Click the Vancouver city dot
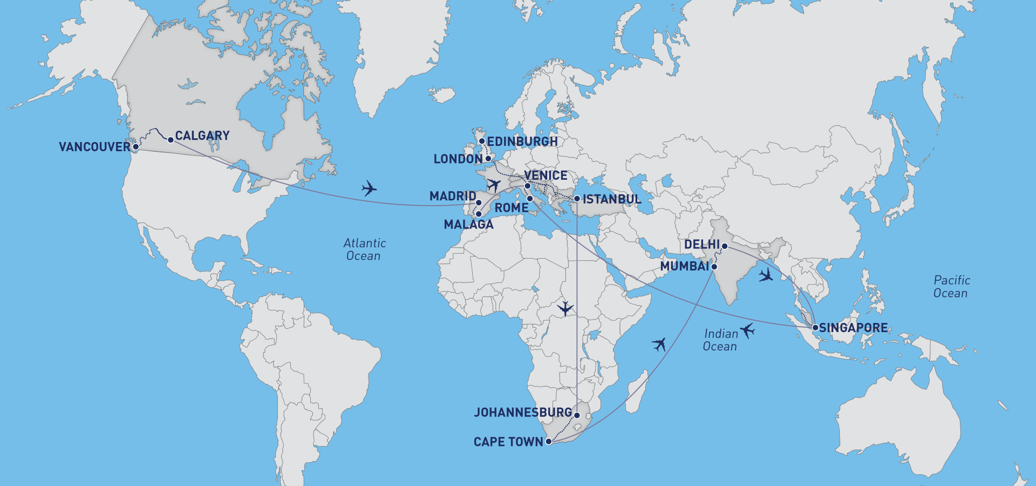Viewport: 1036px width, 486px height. tap(136, 147)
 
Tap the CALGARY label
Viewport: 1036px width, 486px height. tap(202, 136)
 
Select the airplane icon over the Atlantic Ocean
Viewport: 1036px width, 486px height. tap(369, 188)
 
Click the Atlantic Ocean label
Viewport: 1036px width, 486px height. tap(364, 249)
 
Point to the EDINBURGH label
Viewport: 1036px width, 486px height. tap(522, 141)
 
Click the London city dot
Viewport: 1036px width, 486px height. tap(488, 159)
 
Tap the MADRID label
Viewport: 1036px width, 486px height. tap(453, 196)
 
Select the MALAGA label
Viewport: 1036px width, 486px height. tap(468, 225)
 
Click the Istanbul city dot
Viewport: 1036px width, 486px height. tap(577, 199)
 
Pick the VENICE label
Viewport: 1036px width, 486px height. tap(546, 175)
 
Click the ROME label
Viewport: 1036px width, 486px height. tap(512, 208)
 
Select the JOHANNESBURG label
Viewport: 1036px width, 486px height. tap(523, 413)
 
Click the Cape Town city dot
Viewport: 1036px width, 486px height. tap(549, 442)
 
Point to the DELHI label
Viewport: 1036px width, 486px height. tap(702, 245)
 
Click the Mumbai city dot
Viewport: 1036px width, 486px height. tap(714, 267)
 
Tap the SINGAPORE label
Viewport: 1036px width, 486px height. tap(853, 328)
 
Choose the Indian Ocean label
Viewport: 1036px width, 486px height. tap(720, 340)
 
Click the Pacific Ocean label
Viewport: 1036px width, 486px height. tap(951, 287)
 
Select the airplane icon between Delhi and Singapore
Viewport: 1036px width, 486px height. tap(765, 275)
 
